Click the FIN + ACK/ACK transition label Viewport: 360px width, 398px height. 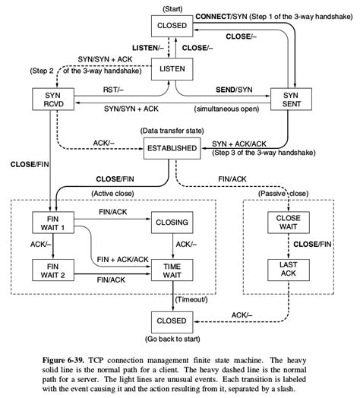pos(121,259)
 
